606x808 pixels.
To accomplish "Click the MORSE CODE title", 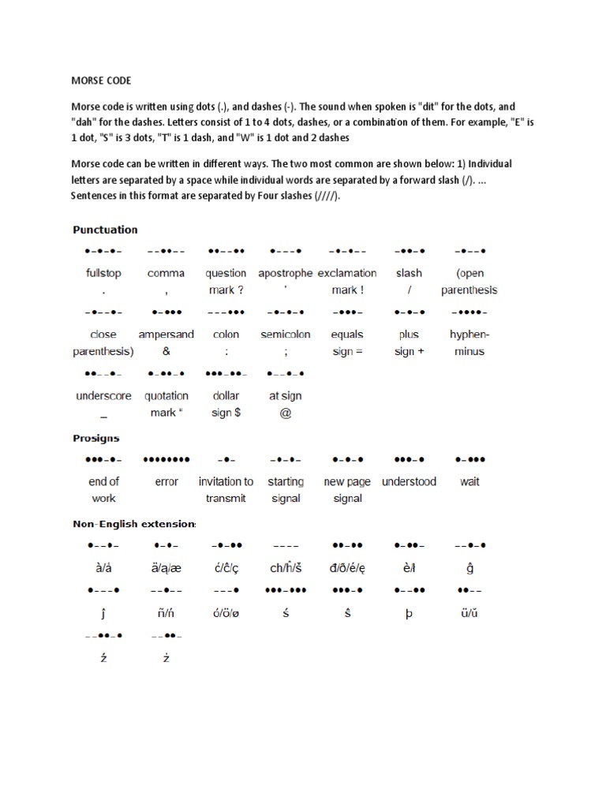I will (x=102, y=80).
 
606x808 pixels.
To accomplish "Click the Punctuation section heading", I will (x=105, y=230).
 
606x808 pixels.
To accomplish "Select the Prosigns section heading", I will (x=96, y=438).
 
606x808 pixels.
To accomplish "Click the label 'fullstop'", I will (x=103, y=273).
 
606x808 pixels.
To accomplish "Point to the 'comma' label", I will (x=166, y=273).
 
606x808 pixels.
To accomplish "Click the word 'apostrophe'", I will (x=286, y=273).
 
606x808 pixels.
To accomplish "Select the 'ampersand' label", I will (x=166, y=335).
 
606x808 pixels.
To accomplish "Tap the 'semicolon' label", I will (x=286, y=335).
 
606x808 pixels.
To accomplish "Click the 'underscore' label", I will (x=103, y=396).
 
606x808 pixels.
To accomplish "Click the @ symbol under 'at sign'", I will (x=286, y=413).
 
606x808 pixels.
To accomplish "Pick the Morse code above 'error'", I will (x=166, y=458).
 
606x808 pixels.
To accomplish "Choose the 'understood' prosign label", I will (x=409, y=481).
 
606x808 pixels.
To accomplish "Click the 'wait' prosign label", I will (x=469, y=481).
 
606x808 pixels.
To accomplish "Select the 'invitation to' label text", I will (x=226, y=481).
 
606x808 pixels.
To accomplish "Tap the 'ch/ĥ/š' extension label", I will (x=286, y=567).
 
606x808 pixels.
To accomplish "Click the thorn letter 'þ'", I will (x=409, y=613).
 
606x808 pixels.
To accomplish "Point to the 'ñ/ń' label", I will (x=166, y=613).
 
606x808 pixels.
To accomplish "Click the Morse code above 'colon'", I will (x=226, y=312).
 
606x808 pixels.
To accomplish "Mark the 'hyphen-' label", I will (x=469, y=335).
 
